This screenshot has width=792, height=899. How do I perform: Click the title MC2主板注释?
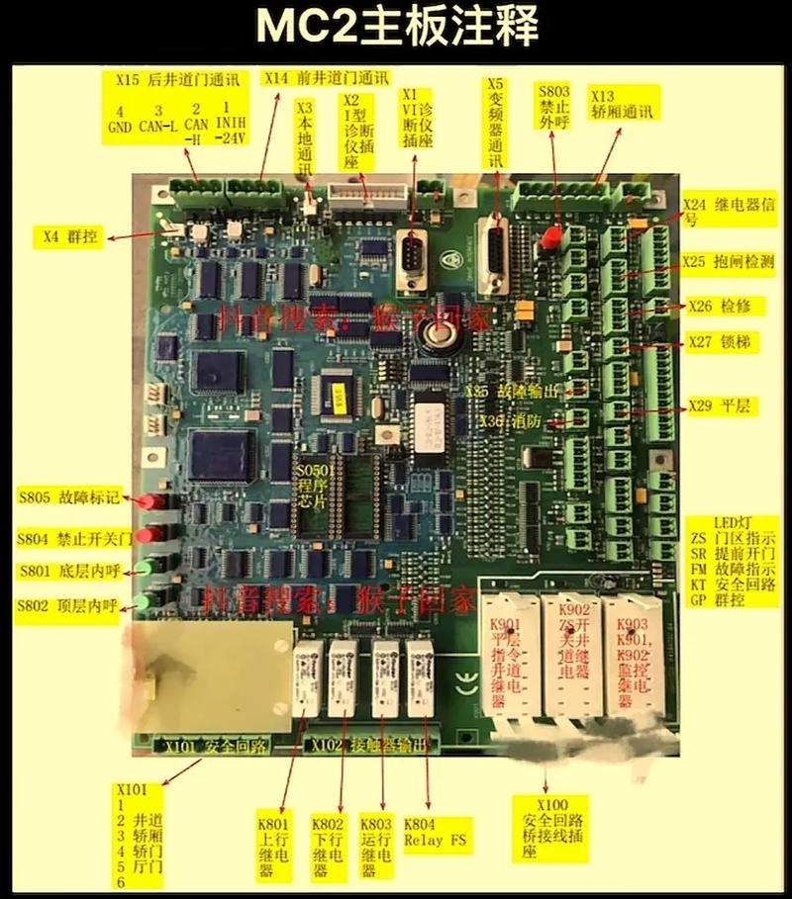(x=396, y=27)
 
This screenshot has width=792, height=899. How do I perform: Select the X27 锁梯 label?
(x=720, y=344)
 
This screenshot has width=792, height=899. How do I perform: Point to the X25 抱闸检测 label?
(x=728, y=262)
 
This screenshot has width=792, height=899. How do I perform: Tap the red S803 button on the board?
(x=549, y=238)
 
